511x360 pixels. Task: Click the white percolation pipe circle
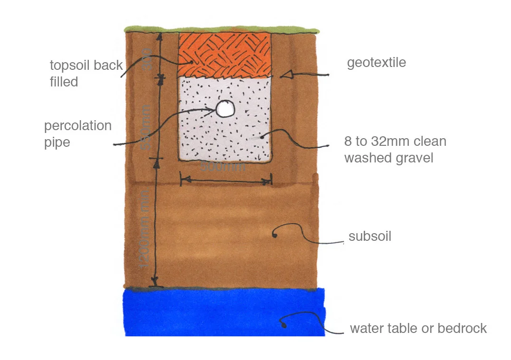click(225, 109)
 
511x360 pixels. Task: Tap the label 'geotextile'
click(376, 63)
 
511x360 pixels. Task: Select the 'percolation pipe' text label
click(77, 134)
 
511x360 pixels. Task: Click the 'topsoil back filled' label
click(86, 73)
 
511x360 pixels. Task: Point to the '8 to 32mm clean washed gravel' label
click(395, 149)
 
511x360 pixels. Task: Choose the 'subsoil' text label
click(369, 236)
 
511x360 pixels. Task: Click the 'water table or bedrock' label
click(418, 328)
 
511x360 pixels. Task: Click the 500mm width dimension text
click(223, 167)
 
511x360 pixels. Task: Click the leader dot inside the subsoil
click(274, 234)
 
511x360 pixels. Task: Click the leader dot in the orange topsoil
click(192, 61)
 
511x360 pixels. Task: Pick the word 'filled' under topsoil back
click(64, 82)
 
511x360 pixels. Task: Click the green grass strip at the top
click(221, 29)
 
